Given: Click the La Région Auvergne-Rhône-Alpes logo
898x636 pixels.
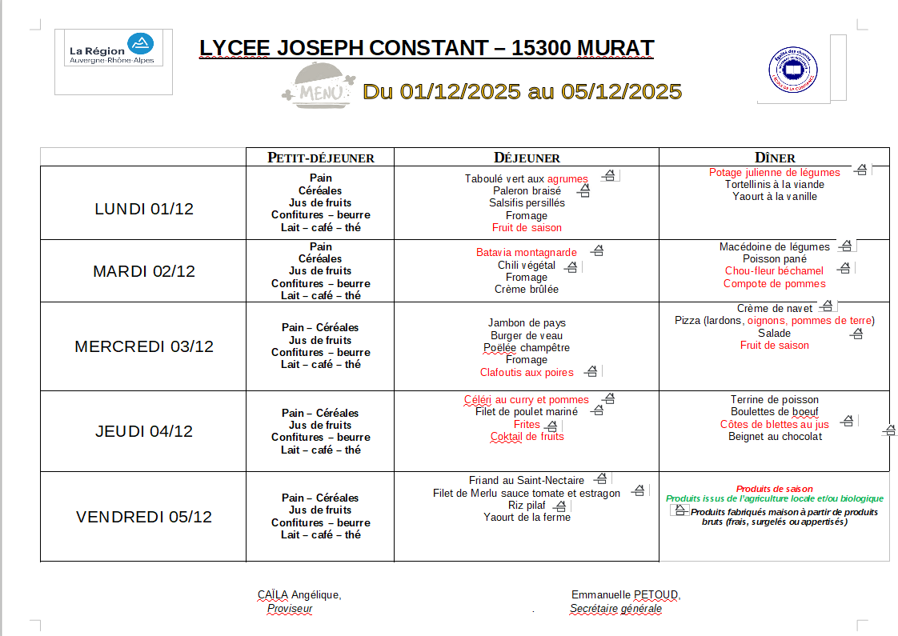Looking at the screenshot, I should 112,49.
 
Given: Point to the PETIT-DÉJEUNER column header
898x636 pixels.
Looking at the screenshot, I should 320,158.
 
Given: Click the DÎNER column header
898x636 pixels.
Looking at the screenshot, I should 774,158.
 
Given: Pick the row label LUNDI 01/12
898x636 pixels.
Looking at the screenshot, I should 144,210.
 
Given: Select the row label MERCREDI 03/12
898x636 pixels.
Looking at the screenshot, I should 144,346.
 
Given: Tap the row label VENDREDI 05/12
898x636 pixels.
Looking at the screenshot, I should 144,517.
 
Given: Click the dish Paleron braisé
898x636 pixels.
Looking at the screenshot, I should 527,191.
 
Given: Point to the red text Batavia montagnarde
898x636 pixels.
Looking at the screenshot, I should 526,253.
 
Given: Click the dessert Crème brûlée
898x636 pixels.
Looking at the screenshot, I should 527,290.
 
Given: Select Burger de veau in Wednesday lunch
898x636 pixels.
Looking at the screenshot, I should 527,336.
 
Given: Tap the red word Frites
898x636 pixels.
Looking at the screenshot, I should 527,425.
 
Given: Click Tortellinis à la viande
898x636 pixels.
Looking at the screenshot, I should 774,185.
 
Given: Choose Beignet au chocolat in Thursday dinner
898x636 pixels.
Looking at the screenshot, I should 775,437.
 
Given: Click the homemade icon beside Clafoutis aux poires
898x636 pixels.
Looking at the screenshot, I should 591,371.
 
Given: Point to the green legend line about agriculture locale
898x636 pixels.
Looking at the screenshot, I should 774,498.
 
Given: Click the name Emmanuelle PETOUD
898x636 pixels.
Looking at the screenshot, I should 625,595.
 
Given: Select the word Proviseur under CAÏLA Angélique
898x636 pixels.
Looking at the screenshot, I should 290,609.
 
